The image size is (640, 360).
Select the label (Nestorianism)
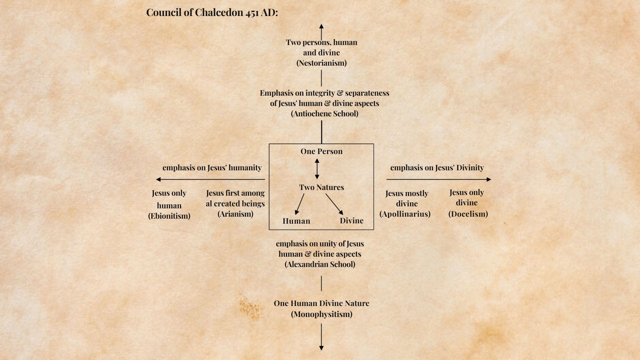pos(321,63)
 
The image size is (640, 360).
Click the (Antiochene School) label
pos(324,114)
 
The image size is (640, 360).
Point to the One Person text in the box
pos(321,151)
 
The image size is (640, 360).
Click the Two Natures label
pos(321,187)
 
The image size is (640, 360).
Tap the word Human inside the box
pos(296,221)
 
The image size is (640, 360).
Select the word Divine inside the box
pos(352,221)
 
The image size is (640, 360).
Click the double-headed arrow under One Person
pos(317,169)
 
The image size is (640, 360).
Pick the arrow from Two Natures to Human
pos(300,204)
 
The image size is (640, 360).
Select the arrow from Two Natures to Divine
pos(334,204)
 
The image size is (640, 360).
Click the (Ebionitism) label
pos(169,216)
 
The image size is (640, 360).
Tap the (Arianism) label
pos(235,214)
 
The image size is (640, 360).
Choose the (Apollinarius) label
pos(405,214)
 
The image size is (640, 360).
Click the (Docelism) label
pos(468,214)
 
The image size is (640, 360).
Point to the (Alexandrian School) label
pos(320,264)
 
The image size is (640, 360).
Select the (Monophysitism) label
pos(321,314)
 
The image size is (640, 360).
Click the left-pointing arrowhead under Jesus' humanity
pos(158,179)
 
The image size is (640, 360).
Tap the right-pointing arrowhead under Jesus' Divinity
pos(489,179)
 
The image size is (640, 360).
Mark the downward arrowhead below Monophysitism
pos(321,348)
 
